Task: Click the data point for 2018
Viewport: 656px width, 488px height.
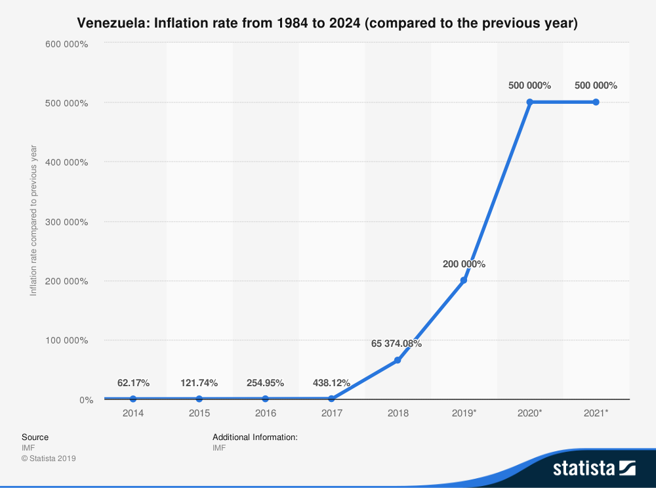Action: click(398, 360)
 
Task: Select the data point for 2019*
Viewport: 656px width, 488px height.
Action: click(464, 280)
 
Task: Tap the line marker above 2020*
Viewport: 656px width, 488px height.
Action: click(529, 102)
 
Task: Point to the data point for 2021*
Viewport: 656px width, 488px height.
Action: click(596, 102)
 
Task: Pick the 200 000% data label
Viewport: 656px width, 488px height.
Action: click(463, 264)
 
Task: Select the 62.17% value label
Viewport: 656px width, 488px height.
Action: click(134, 382)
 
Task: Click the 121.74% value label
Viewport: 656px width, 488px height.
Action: click(199, 382)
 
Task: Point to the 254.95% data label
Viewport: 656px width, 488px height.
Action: click(266, 382)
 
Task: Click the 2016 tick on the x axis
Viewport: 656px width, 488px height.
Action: click(266, 413)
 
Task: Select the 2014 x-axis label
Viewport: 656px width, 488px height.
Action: click(133, 413)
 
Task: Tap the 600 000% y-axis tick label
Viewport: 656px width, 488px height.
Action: click(66, 43)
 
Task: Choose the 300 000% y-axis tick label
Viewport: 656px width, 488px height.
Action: click(66, 222)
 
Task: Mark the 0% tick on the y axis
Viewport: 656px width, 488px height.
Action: click(87, 400)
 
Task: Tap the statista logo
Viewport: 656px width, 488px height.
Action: click(594, 468)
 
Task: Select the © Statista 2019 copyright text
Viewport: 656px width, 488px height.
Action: click(49, 458)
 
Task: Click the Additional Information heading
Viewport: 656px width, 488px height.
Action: click(255, 437)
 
